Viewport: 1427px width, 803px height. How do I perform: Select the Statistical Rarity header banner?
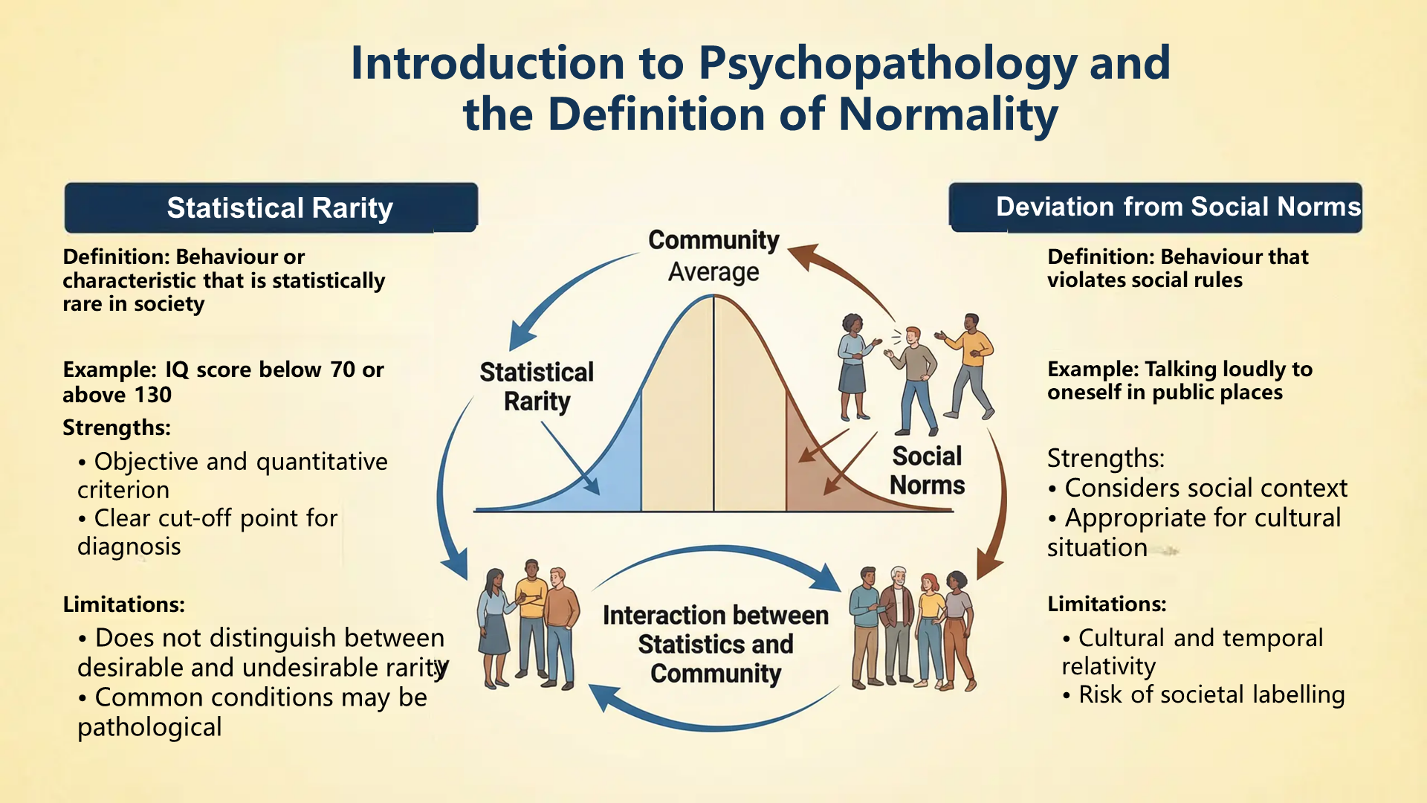coord(271,207)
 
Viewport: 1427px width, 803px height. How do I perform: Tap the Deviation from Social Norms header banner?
coord(1155,207)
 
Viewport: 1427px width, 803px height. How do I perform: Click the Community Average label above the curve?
coord(713,256)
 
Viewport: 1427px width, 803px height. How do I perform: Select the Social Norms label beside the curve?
coord(927,470)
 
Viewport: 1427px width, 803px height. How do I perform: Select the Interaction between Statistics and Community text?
coord(715,644)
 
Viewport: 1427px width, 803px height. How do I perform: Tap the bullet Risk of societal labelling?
coord(1211,694)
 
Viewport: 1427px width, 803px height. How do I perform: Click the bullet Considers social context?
coord(1205,488)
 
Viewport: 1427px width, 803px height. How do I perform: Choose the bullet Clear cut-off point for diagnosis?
coord(208,532)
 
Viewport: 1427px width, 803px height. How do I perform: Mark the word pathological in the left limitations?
coord(149,727)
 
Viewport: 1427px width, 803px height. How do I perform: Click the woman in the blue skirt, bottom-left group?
coord(493,628)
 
